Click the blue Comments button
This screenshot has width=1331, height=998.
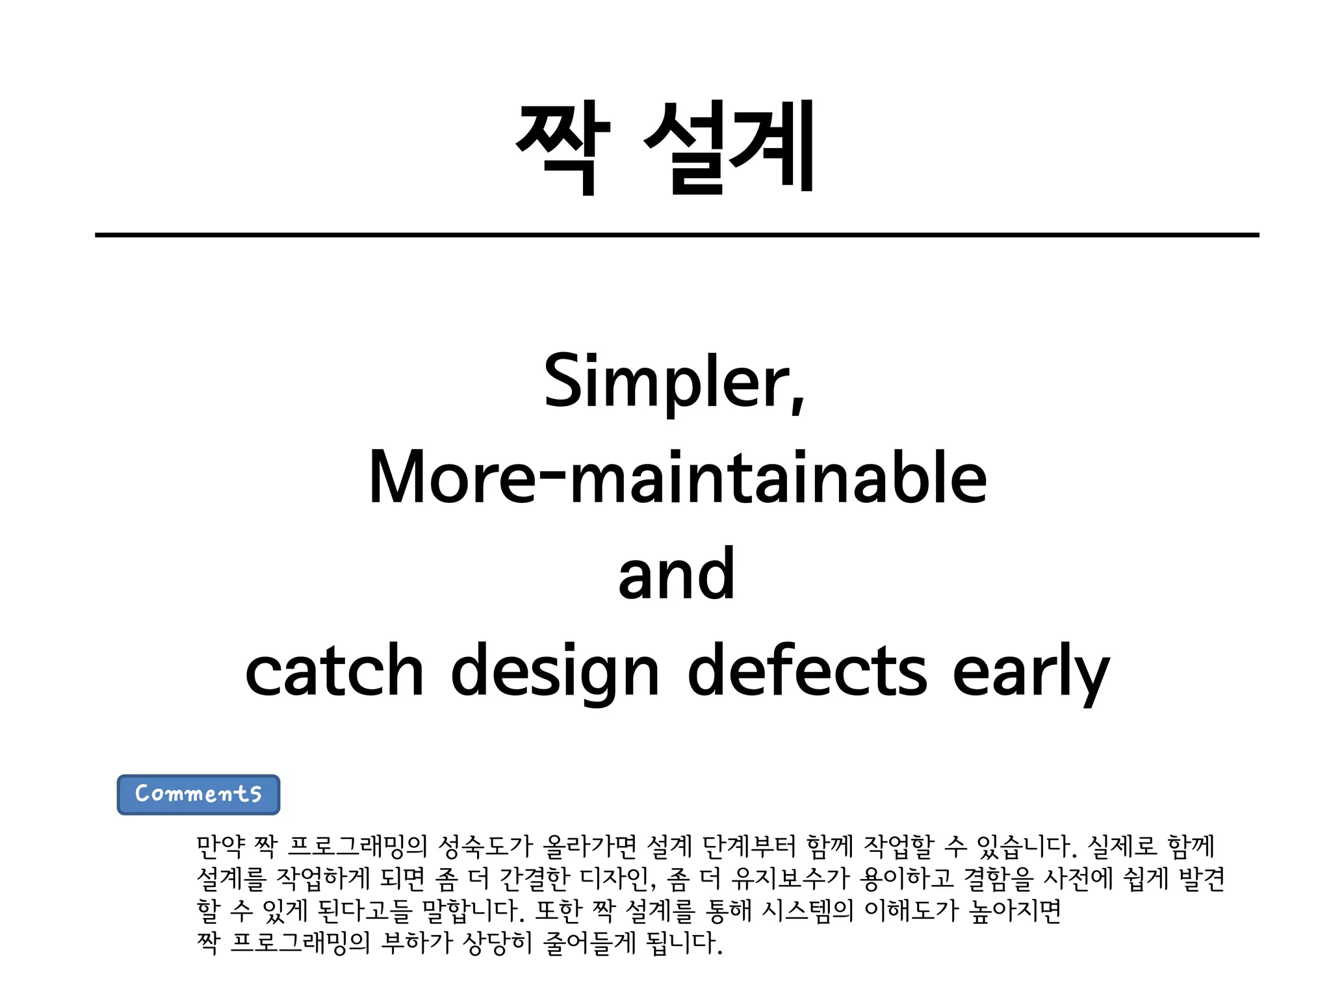point(198,794)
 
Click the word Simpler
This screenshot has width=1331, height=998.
point(673,381)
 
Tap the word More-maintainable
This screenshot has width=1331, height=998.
point(678,479)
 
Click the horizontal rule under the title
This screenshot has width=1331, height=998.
point(677,235)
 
